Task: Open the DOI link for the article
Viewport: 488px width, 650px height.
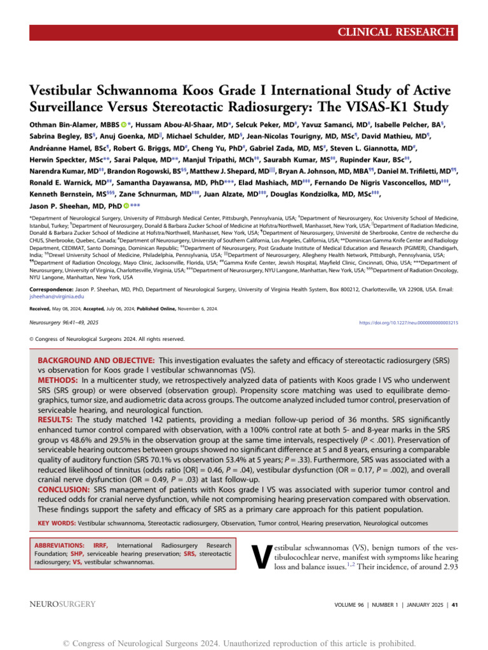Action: [x=409, y=323]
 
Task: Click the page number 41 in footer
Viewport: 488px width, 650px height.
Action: [x=453, y=606]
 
